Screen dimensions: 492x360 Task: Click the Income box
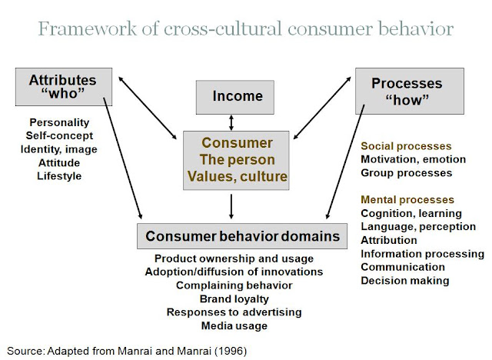[x=235, y=97]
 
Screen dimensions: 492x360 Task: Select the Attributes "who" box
[x=64, y=87]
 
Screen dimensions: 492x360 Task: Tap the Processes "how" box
[x=410, y=91]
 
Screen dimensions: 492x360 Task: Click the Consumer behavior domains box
[x=242, y=236]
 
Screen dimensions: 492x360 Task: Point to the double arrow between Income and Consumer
[x=231, y=123]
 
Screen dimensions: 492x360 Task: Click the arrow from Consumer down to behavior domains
[x=231, y=206]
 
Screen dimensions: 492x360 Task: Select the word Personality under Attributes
[x=59, y=122]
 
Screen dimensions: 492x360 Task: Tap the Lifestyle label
[x=59, y=176]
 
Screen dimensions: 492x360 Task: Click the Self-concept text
[x=59, y=135]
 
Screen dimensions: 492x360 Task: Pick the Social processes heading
[x=406, y=146]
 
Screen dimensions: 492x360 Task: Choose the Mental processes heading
[x=407, y=200]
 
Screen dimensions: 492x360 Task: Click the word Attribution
[x=389, y=240]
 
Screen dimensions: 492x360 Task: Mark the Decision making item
[x=405, y=281]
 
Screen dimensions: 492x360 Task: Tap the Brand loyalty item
[x=234, y=298]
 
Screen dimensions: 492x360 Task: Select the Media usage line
[x=234, y=326]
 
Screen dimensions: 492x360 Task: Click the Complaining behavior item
[x=234, y=285]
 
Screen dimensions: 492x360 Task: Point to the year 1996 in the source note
[x=231, y=351]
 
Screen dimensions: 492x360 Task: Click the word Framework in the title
[x=88, y=29]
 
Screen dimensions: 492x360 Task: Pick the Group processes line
[x=407, y=173]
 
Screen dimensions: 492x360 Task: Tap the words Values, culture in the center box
[x=238, y=176]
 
